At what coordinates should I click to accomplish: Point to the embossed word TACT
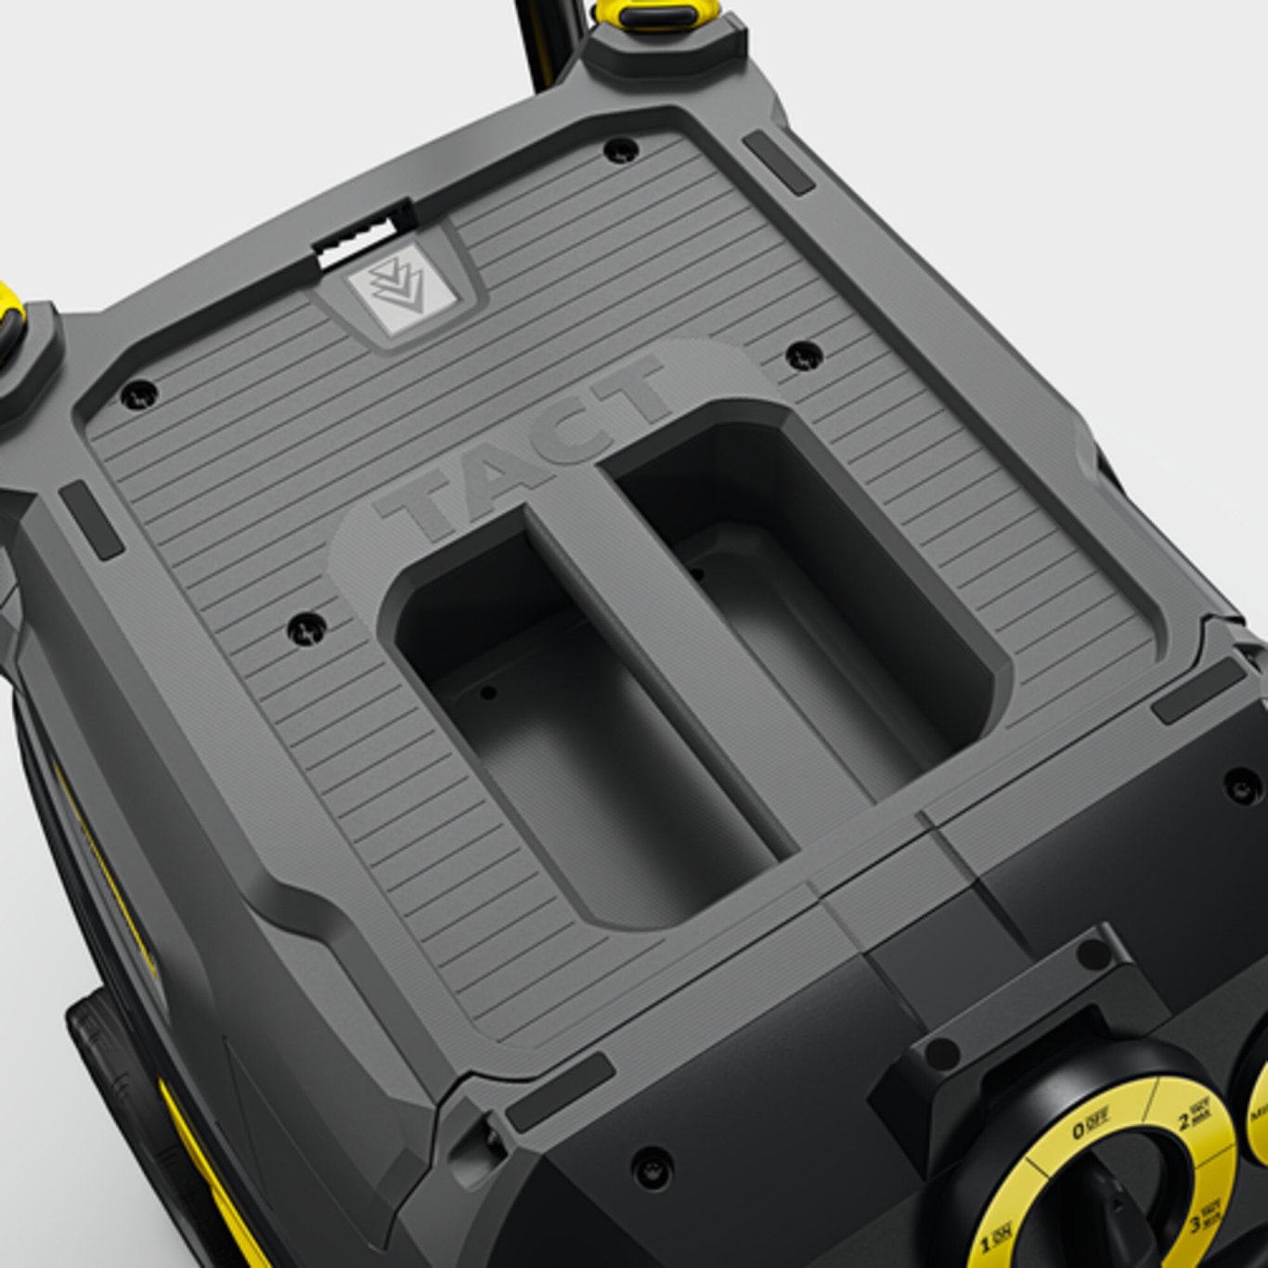(524, 446)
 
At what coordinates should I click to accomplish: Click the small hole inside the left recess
(488, 692)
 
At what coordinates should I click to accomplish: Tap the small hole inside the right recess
(697, 573)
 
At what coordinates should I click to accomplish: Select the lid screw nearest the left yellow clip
(139, 394)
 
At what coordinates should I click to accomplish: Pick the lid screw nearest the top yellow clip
(620, 149)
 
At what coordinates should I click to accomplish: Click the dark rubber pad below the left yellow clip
(91, 520)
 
